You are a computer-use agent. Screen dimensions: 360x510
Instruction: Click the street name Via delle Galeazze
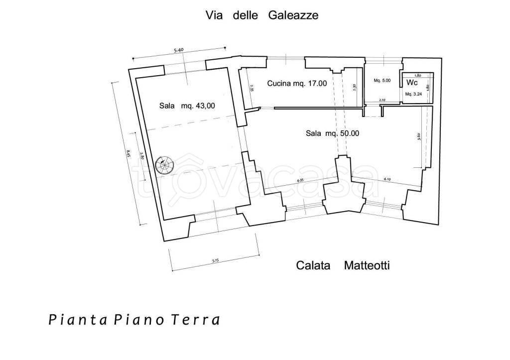point(262,15)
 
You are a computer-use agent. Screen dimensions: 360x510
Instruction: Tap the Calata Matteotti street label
point(343,265)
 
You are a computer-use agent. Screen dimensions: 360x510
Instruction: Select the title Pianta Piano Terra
point(134,319)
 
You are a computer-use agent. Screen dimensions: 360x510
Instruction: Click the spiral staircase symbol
point(164,165)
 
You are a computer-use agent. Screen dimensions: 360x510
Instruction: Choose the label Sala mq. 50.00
point(332,133)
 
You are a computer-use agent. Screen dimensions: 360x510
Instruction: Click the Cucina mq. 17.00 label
point(297,84)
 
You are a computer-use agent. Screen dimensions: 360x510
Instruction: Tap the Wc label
point(412,82)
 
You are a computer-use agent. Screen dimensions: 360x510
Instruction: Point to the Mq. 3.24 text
point(413,94)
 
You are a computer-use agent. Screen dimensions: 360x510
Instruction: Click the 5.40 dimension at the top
point(180,50)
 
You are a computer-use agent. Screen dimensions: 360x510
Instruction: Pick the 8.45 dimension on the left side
point(128,154)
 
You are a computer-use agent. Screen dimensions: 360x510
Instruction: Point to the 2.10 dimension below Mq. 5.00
point(382,101)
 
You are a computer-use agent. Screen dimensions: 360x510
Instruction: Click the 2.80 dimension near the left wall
point(142,155)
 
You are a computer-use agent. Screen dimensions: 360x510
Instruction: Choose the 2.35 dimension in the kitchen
point(252,89)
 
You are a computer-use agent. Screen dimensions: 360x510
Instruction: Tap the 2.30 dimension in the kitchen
point(354,86)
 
